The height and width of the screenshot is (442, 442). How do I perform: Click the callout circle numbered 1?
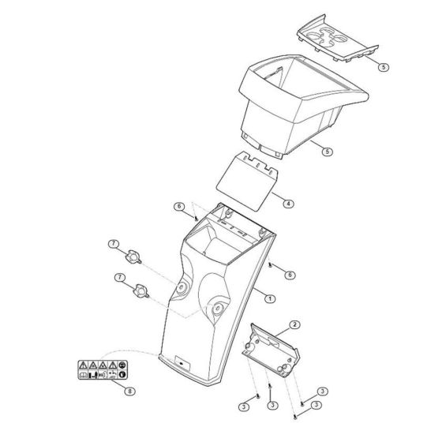(x=270, y=298)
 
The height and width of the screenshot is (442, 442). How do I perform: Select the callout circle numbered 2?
(x=295, y=324)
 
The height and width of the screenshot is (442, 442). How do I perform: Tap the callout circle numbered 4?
(x=288, y=204)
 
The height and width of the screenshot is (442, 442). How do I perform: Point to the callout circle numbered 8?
(x=129, y=391)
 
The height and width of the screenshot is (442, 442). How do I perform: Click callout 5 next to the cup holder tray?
(x=384, y=67)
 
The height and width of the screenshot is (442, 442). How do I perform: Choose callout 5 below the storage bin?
(x=328, y=152)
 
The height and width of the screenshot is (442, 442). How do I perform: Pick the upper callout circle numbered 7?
(x=114, y=244)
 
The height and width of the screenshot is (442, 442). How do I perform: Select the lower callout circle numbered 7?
(x=120, y=278)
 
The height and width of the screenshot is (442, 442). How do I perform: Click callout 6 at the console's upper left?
(x=179, y=207)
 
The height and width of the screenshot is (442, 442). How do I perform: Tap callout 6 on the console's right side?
(x=290, y=275)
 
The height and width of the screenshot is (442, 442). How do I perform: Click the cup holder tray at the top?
(x=337, y=39)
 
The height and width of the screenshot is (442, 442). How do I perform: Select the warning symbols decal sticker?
(x=103, y=369)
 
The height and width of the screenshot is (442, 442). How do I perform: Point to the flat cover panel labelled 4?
(x=247, y=182)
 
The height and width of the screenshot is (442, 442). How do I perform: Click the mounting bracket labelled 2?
(x=271, y=350)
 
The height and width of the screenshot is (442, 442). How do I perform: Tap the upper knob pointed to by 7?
(x=133, y=257)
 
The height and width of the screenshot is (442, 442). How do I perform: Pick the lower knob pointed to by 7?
(x=140, y=291)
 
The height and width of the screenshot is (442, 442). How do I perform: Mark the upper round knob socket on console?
(x=181, y=288)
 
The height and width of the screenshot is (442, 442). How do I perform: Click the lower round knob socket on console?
(x=217, y=309)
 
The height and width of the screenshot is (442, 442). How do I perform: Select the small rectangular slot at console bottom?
(x=182, y=363)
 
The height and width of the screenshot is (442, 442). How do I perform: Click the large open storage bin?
(x=303, y=104)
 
